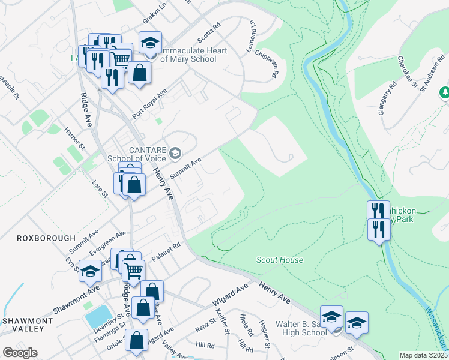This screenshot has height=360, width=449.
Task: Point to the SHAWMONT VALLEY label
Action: (x=28, y=325)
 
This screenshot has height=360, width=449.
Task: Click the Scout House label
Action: (x=279, y=260)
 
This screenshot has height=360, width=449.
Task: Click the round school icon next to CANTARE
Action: (x=175, y=152)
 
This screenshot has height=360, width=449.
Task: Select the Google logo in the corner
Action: (x=20, y=353)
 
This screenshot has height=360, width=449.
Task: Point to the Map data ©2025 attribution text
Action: (x=423, y=355)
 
